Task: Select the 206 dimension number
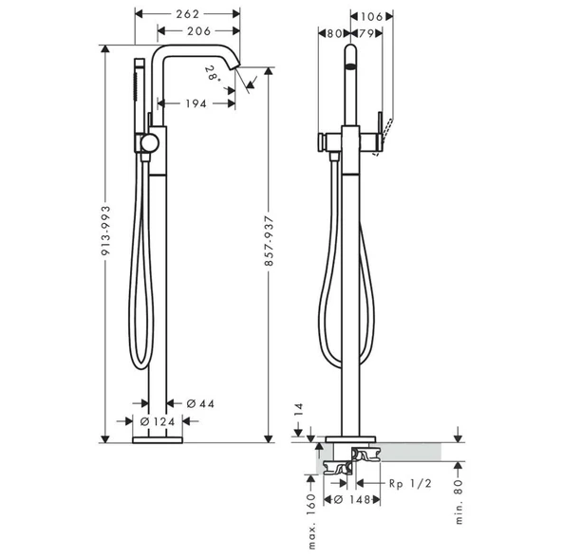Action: (x=197, y=31)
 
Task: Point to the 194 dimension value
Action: (x=194, y=102)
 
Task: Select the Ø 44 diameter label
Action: (x=201, y=403)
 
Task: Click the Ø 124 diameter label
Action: (x=157, y=421)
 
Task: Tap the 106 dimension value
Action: (x=372, y=14)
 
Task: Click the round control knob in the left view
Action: (x=147, y=144)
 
